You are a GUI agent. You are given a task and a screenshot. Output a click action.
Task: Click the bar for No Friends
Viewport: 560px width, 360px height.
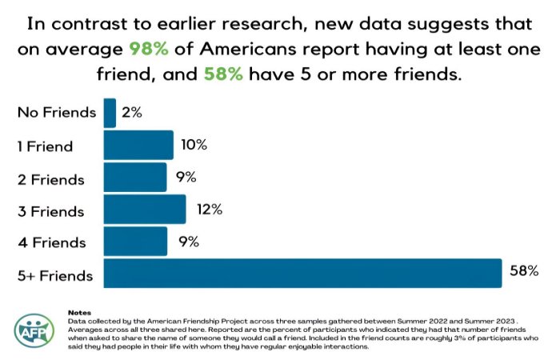pyautogui.click(x=110, y=113)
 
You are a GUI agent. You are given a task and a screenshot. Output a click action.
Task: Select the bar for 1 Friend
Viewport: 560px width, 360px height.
pyautogui.click(x=138, y=145)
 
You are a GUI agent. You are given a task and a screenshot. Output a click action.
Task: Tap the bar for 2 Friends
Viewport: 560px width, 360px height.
pyautogui.click(x=135, y=177)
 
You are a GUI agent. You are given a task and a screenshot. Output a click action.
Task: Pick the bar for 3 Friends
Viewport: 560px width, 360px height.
pyautogui.click(x=145, y=210)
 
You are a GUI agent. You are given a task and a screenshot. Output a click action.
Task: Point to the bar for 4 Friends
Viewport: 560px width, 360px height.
pyautogui.click(x=135, y=242)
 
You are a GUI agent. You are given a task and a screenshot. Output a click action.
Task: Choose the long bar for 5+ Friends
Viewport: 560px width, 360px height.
pyautogui.click(x=302, y=274)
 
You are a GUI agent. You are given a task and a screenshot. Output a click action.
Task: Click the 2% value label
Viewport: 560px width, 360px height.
pyautogui.click(x=132, y=113)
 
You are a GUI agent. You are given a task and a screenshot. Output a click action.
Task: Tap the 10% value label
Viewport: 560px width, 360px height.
pyautogui.click(x=193, y=145)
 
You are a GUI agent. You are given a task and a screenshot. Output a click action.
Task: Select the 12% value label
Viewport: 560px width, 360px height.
pyautogui.click(x=206, y=210)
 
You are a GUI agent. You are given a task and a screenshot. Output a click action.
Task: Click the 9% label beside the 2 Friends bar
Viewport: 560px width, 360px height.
pyautogui.click(x=186, y=177)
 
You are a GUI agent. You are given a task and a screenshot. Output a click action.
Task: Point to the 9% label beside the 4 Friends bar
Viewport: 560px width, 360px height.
pyautogui.click(x=189, y=242)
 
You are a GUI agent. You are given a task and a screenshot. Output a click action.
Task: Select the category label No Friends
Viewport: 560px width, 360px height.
pyautogui.click(x=57, y=113)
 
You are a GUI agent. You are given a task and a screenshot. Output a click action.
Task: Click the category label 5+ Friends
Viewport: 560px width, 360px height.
pyautogui.click(x=55, y=276)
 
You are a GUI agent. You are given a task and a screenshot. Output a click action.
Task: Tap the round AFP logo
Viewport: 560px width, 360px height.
pyautogui.click(x=34, y=330)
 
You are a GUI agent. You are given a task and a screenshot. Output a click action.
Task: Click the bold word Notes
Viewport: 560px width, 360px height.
pyautogui.click(x=80, y=312)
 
